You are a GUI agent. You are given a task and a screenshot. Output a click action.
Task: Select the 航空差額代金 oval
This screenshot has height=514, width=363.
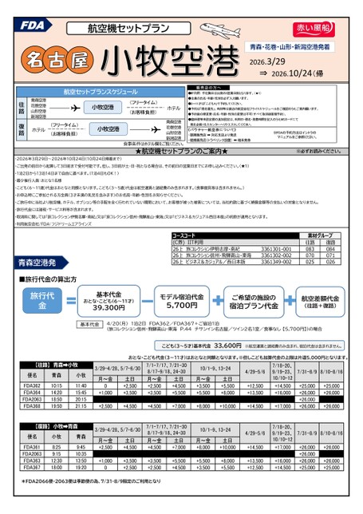point(319,299)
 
